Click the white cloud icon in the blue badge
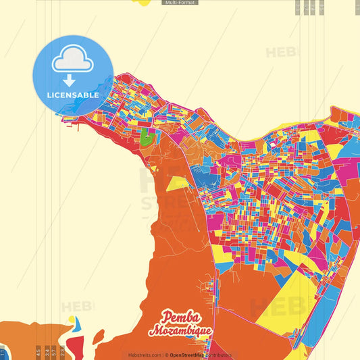pyautogui.click(x=73, y=61)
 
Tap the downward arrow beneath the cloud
pyautogui.click(x=73, y=81)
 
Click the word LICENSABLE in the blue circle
pyautogui.click(x=73, y=95)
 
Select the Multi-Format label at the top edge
pyautogui.click(x=180, y=3)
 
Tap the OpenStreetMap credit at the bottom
pyautogui.click(x=200, y=355)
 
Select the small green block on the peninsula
pyautogui.click(x=148, y=139)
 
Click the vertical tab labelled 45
pyautogui.click(x=38, y=351)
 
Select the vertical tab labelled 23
pyautogui.click(x=62, y=351)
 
